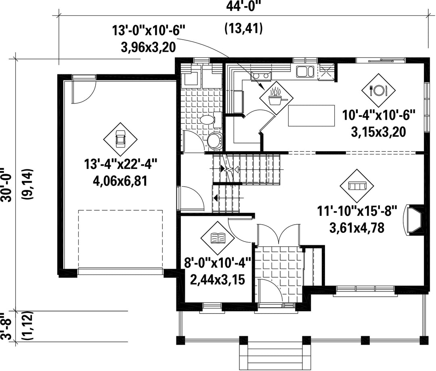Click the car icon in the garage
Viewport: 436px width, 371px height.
click(x=120, y=139)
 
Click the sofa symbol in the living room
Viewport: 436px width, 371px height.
click(x=357, y=185)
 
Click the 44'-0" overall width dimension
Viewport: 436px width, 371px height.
click(x=243, y=6)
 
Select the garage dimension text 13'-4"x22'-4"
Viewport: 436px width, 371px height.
click(x=121, y=164)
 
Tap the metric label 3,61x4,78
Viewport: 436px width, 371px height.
click(x=357, y=228)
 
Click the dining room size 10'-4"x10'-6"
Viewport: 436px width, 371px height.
click(x=378, y=115)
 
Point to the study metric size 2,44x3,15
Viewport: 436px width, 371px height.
click(x=217, y=279)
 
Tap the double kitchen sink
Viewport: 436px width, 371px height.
click(x=305, y=71)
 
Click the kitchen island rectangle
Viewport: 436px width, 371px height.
click(x=311, y=116)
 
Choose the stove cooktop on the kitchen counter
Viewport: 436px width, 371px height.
click(x=261, y=75)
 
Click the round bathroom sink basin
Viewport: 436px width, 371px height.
click(x=214, y=140)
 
